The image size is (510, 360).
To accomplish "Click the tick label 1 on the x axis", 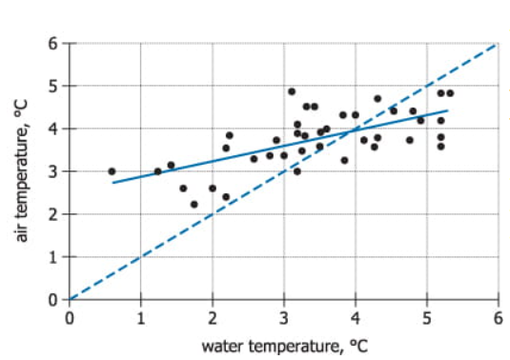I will pos(141,316).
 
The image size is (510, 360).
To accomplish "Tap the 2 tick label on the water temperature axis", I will pos(213,316).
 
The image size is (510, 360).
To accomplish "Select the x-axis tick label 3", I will pos(284,316).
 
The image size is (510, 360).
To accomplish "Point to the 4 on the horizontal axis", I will pos(356,316).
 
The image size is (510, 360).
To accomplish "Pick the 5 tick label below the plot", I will pos(427,316).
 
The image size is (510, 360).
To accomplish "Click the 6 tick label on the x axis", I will pos(498,316).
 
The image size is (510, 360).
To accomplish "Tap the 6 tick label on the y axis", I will pos(55,44).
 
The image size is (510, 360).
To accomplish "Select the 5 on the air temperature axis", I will pos(55,87).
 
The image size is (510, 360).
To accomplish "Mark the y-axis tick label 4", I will pos(55,130).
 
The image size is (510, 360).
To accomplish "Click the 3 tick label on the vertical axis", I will pos(55,172).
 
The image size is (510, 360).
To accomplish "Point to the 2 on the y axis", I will pos(55,214).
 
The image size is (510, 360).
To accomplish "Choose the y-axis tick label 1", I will pos(55,257).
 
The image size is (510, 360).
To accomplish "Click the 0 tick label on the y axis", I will pos(55,299).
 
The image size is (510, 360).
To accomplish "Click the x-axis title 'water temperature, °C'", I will pos(283,344).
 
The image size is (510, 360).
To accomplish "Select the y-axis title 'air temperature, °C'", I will pos(21,171).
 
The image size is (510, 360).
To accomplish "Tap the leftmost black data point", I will pos(112,171).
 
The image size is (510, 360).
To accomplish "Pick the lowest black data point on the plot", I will pos(194,204).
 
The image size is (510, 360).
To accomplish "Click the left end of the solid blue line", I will pos(112,182).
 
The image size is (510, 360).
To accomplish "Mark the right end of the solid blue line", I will pos(447,111).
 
